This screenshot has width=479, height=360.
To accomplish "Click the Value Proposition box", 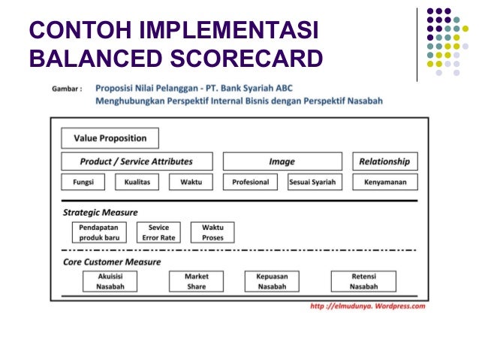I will coord(110,138).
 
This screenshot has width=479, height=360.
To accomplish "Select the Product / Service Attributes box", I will coord(137,162).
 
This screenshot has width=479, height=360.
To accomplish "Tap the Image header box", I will coord(282,162).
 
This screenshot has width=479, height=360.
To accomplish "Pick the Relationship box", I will coord(384,162).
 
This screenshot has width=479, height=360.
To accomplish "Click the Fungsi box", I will coord(83,182).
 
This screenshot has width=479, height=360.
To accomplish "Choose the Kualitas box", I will coord(137,182).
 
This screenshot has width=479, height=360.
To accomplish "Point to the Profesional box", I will coord(250,182).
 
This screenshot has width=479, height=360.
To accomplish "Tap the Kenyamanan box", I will coord(384,182).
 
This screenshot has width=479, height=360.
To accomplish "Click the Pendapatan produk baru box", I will coord(99,232).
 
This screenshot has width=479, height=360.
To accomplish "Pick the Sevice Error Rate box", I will coord(158,232).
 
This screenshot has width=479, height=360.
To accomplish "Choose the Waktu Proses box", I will coord(212,232).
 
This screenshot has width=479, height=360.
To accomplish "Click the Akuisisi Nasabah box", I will coord(110,281).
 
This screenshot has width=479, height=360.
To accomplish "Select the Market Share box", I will coord(197,281).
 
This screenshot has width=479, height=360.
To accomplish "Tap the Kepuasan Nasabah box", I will coord(272,281).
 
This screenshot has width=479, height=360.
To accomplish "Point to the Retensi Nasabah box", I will coord(363,281).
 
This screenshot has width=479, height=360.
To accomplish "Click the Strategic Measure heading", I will coord(100,213).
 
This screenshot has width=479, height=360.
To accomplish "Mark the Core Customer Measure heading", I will coord(112,262).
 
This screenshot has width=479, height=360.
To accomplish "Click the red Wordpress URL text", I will coord(368,306).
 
